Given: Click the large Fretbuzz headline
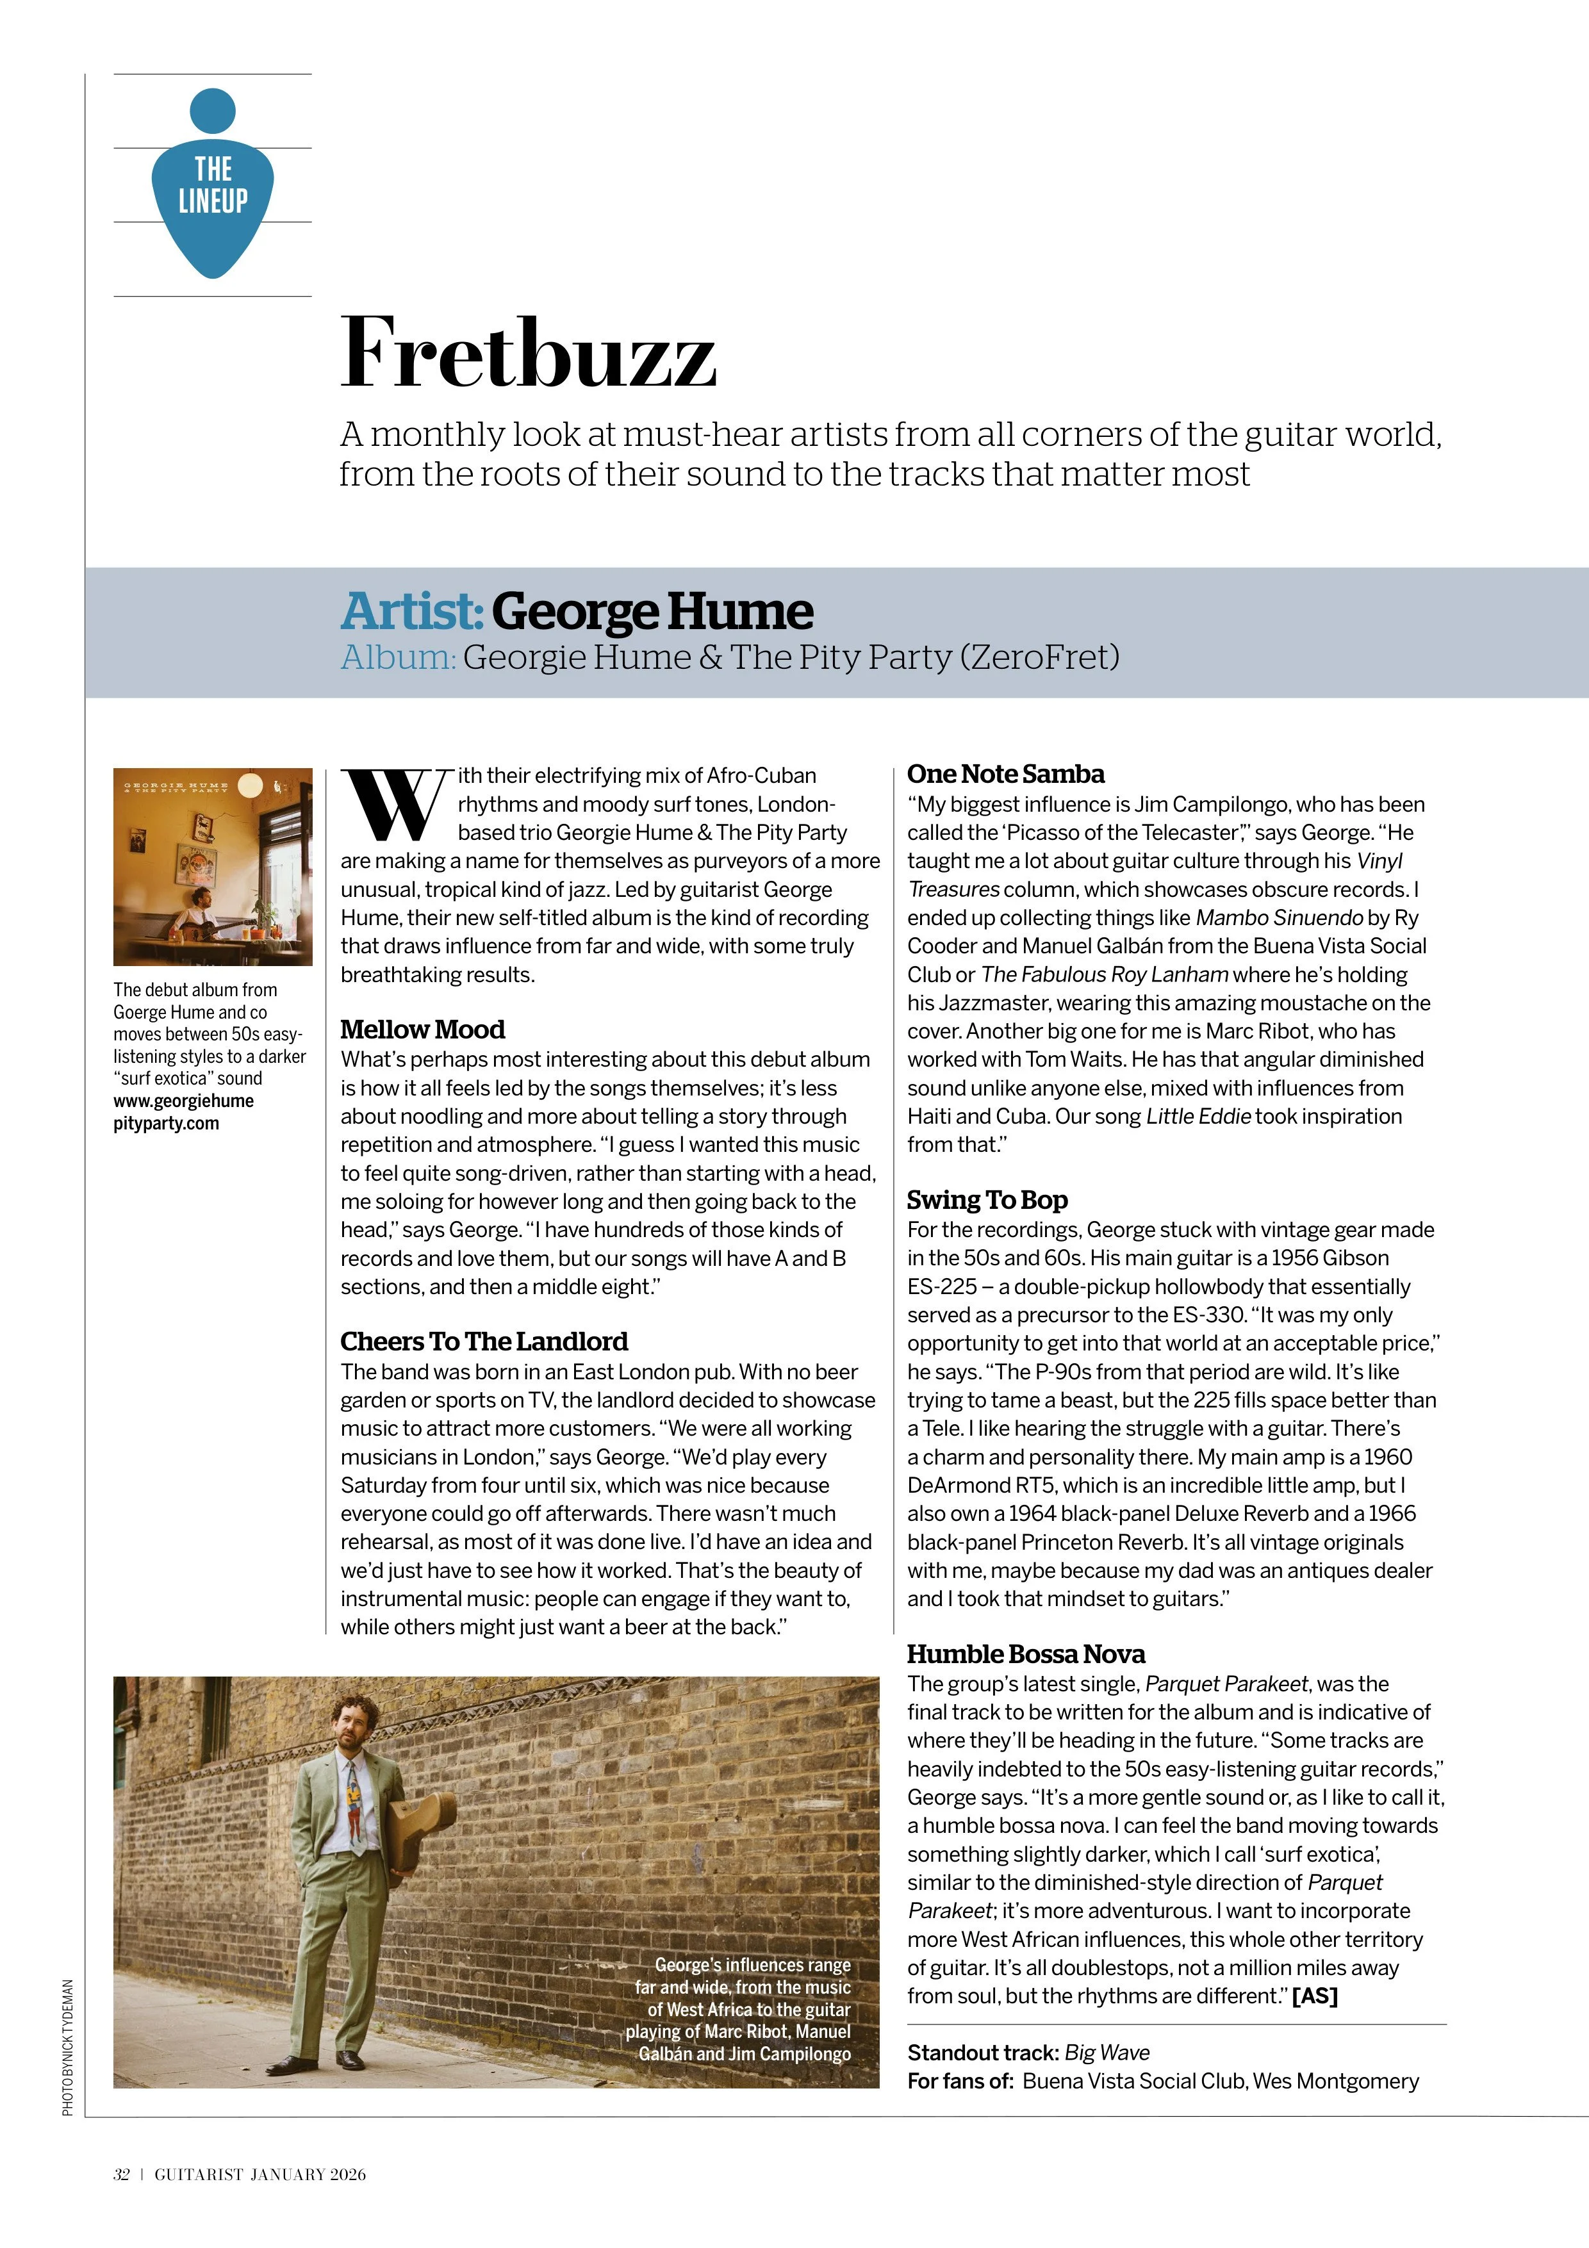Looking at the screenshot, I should point(528,354).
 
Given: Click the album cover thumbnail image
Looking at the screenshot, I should point(213,867).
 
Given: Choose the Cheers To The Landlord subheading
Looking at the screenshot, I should point(484,1341).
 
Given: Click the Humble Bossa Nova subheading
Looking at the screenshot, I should point(1025,1653).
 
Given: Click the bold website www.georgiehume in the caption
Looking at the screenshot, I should point(183,1101).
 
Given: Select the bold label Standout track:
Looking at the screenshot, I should point(982,2052).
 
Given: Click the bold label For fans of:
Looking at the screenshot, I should point(959,2081).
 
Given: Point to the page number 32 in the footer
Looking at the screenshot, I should point(121,2174).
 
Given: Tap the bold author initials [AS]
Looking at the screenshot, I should point(1314,1996).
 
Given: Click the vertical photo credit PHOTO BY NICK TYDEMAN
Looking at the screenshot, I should point(67,2046).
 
